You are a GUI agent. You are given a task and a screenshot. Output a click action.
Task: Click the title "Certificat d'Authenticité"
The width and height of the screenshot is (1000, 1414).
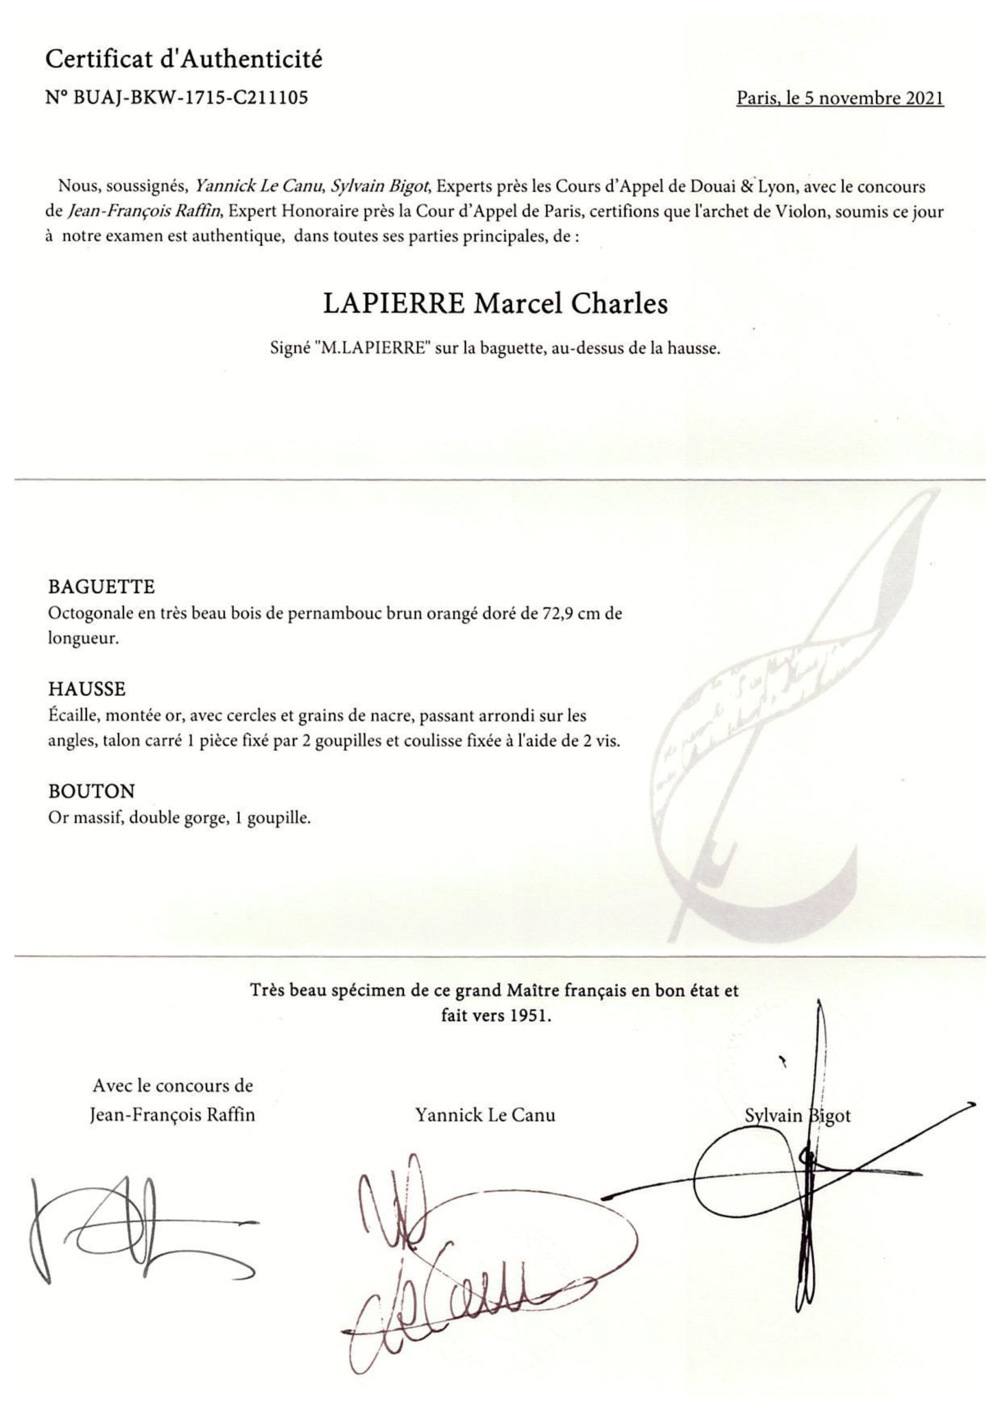point(183,60)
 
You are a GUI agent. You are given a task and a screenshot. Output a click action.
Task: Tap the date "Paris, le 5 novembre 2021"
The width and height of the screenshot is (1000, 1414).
point(839,98)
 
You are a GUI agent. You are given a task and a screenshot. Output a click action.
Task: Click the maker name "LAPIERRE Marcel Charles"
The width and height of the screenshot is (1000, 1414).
point(496,304)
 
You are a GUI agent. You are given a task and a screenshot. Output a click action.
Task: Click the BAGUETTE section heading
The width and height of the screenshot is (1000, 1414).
point(102,586)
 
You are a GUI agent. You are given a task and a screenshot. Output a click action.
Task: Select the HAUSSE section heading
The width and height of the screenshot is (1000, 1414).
point(87,689)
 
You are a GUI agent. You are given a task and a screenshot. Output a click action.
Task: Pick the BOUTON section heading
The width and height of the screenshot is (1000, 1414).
point(91,791)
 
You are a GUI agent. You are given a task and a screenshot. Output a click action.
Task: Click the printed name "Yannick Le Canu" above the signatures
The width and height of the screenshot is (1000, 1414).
point(485,1115)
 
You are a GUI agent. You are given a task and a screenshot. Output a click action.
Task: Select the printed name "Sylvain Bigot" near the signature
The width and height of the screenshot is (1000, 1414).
point(797,1115)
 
